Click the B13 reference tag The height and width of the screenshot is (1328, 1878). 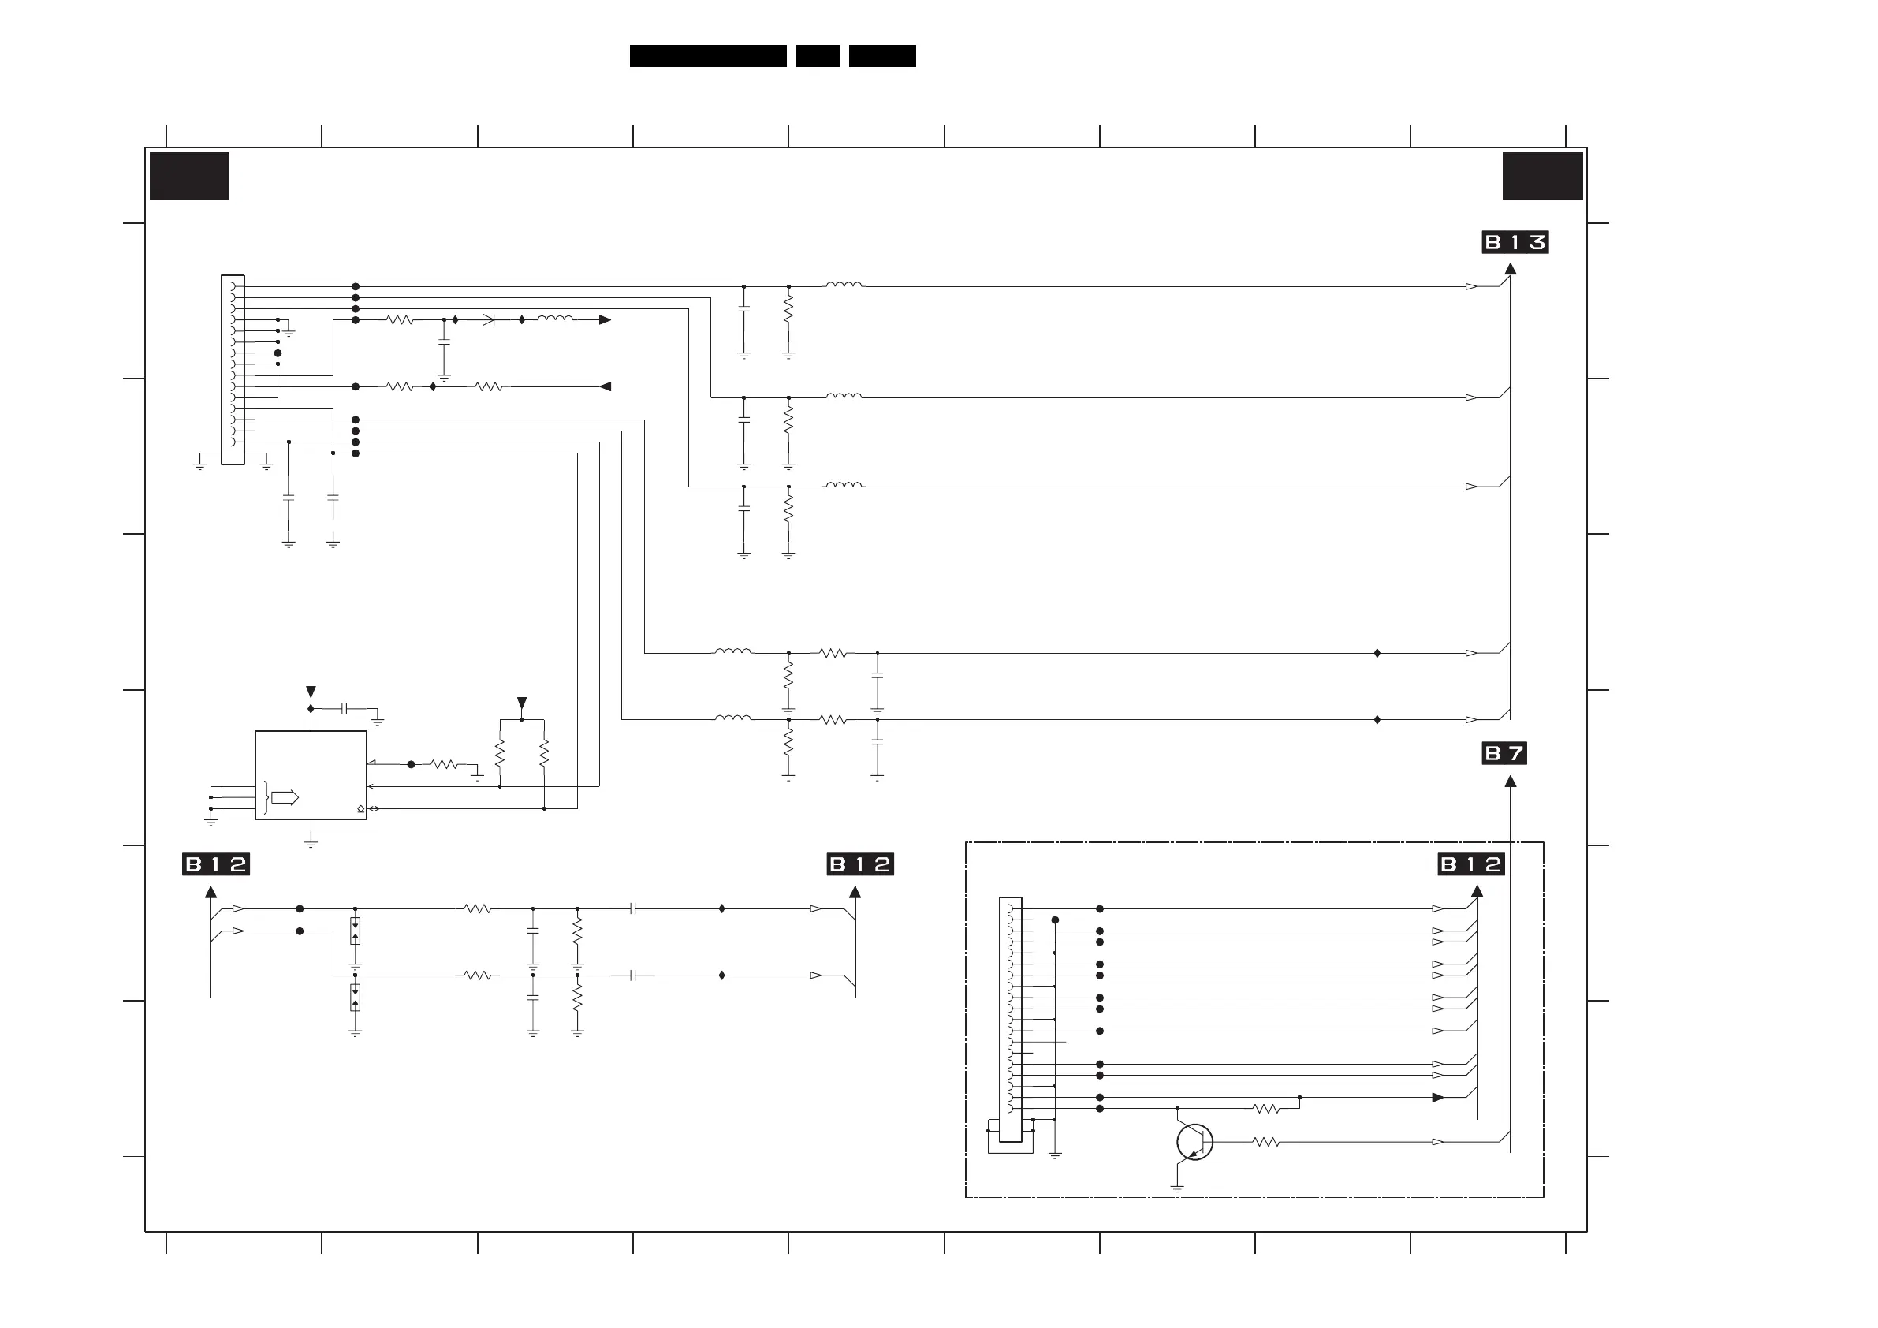click(1515, 242)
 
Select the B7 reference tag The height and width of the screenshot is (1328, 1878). click(1504, 754)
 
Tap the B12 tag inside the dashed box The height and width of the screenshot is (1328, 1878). click(1470, 865)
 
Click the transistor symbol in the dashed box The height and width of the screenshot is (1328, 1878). click(1194, 1142)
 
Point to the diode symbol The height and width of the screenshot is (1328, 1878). click(488, 320)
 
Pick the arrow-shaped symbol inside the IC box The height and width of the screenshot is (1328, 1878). click(285, 798)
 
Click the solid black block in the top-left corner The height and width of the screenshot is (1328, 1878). click(189, 176)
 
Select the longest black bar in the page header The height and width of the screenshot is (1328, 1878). click(707, 56)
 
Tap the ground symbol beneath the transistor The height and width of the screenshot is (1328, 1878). click(1177, 1188)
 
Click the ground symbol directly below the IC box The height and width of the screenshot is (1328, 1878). click(311, 843)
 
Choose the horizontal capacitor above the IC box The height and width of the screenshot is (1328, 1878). click(345, 708)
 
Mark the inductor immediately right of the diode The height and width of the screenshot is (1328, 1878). click(554, 319)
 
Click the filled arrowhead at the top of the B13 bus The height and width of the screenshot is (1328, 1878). click(1511, 268)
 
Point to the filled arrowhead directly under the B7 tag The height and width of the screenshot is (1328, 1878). click(1511, 782)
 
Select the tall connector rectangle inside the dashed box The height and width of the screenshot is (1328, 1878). click(1011, 1019)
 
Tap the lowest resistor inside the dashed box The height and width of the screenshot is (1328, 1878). click(1265, 1142)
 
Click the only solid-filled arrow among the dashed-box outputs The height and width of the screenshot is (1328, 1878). click(1438, 1098)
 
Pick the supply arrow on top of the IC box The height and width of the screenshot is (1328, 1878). click(311, 692)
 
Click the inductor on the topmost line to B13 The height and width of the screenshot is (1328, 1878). click(844, 285)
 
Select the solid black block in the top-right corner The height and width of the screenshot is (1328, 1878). click(1542, 176)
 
